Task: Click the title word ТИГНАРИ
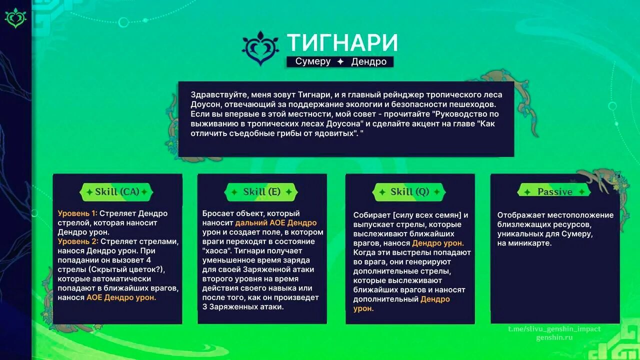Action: click(x=342, y=43)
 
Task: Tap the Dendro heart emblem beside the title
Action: click(x=260, y=48)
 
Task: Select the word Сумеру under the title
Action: click(x=313, y=61)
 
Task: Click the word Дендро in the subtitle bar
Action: click(x=369, y=61)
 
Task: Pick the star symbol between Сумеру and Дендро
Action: click(x=340, y=61)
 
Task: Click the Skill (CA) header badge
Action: click(x=117, y=191)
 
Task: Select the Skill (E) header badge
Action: click(x=261, y=191)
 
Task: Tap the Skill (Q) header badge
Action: click(x=409, y=191)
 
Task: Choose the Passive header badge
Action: click(x=554, y=191)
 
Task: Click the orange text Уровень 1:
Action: click(x=77, y=213)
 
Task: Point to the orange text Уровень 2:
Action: click(x=78, y=241)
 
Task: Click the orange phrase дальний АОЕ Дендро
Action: click(x=276, y=223)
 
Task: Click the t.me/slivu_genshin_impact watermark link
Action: click(x=554, y=329)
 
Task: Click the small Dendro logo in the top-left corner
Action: click(x=15, y=17)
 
